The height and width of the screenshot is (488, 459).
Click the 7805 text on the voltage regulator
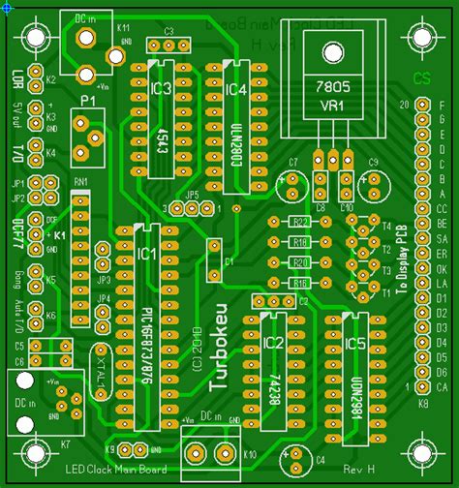coord(333,87)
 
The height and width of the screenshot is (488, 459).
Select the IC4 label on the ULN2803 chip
coord(237,90)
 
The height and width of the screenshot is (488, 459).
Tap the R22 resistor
coord(301,223)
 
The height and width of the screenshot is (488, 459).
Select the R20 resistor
coord(301,262)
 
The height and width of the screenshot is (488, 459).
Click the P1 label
coord(88,101)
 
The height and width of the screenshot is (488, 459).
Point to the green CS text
coord(420,77)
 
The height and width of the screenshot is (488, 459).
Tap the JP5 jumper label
coord(193,195)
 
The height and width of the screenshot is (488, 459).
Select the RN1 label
coord(80,182)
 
